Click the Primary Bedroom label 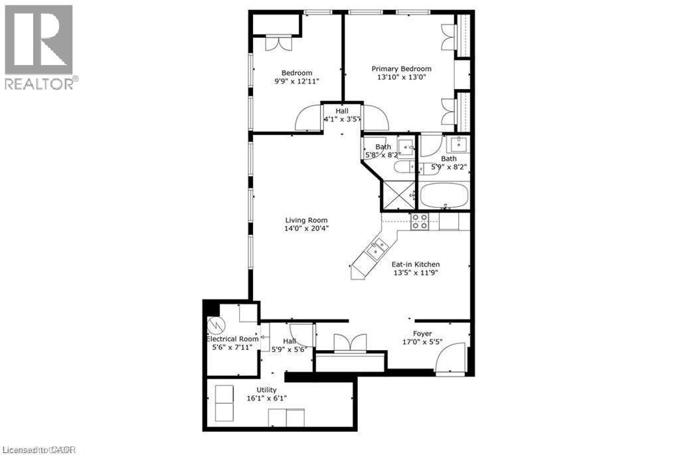[x=401, y=68]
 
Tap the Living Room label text [x=306, y=221]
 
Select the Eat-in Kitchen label [x=415, y=264]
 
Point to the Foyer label [x=422, y=333]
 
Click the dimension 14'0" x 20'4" [x=307, y=229]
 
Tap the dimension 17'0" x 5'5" [x=422, y=342]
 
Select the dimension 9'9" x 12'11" [x=297, y=81]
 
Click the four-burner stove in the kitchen [x=420, y=221]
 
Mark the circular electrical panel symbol [x=215, y=325]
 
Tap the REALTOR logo [x=39, y=47]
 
